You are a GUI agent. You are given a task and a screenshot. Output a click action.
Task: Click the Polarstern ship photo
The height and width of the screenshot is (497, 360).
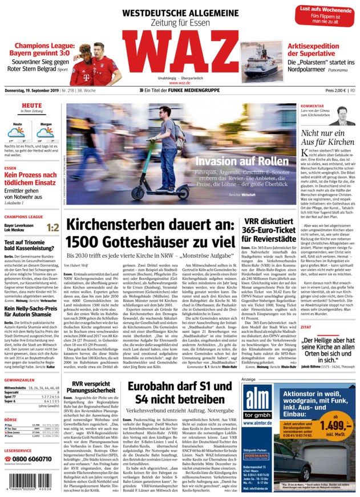(x=261, y=60)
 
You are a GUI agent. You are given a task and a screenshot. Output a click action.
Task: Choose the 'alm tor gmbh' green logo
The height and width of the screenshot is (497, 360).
(x=260, y=398)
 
